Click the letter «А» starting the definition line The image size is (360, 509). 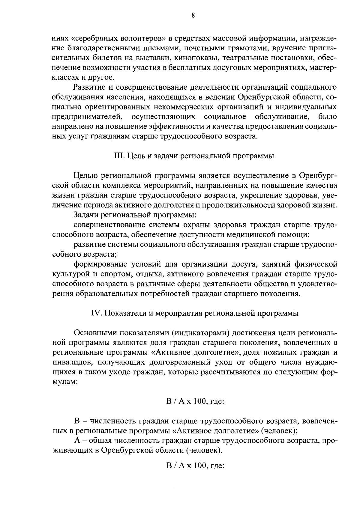click(x=77, y=441)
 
